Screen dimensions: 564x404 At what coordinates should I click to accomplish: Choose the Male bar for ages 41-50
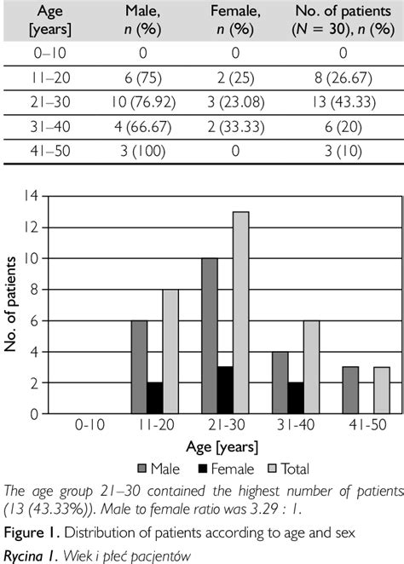click(349, 390)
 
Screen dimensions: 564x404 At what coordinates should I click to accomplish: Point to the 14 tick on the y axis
click(33, 196)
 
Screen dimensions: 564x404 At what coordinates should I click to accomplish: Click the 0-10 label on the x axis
click(89, 425)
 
